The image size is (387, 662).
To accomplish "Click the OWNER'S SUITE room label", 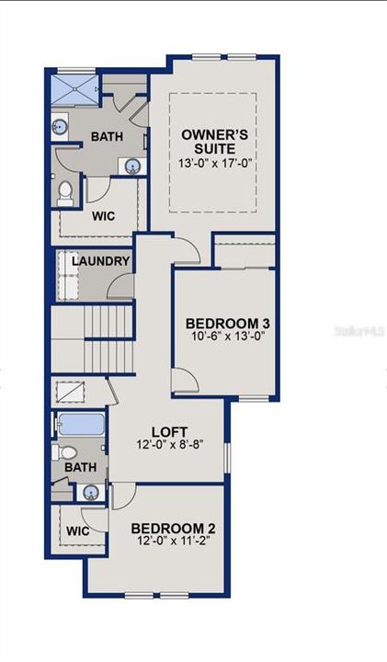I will coord(208,141).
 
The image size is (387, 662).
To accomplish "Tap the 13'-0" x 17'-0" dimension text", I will coord(208,163).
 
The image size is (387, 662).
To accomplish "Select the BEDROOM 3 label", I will coord(227,324).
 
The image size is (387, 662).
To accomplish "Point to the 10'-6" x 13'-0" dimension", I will coord(227,337).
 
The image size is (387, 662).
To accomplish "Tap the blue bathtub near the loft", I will coord(81,426).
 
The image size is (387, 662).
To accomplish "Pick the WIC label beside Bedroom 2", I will coord(77,531).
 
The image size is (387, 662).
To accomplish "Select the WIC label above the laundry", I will coord(103,218).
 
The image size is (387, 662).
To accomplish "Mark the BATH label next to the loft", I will coord(80,468).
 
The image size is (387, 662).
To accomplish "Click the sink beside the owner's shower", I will coord(61,128).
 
